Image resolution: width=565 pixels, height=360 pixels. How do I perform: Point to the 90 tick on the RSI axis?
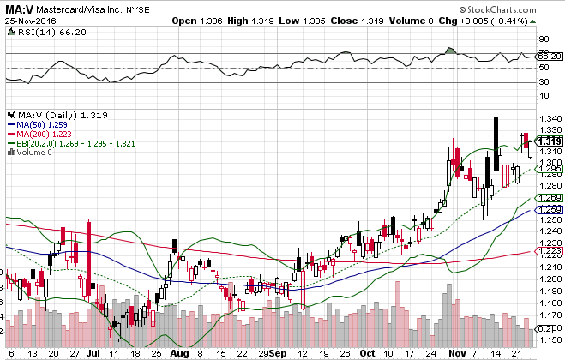tap(544, 39)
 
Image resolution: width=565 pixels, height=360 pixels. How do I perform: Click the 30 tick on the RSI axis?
tap(544, 82)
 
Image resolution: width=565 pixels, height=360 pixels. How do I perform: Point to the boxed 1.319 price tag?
tap(549, 141)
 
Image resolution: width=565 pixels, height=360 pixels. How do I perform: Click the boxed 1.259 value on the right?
tap(549, 209)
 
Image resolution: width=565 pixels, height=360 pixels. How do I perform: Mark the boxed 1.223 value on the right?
tap(549, 250)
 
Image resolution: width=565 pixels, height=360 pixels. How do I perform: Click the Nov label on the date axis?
tap(454, 352)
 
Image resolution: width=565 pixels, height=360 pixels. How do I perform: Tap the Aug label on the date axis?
tap(177, 352)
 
